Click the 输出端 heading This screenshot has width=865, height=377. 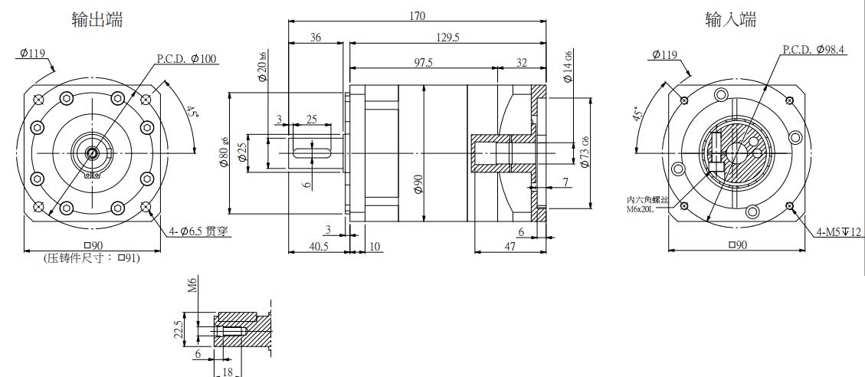pyautogui.click(x=97, y=20)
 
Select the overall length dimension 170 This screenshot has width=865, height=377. pyautogui.click(x=417, y=15)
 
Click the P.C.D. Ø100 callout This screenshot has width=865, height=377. pyautogui.click(x=186, y=58)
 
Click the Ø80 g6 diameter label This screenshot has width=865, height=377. pyautogui.click(x=224, y=153)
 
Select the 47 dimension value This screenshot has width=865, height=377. pyautogui.click(x=510, y=247)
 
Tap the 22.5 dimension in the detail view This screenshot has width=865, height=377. pyautogui.click(x=179, y=329)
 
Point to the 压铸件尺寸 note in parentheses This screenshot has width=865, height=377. pyautogui.click(x=92, y=258)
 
